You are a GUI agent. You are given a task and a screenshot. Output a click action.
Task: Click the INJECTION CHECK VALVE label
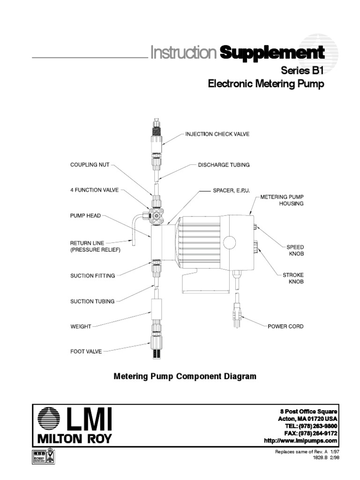coord(217,134)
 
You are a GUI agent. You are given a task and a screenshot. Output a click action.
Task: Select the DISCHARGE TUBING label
coord(224,165)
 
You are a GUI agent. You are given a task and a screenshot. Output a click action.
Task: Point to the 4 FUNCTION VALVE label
coord(94,190)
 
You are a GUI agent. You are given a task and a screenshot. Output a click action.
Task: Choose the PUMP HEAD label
coord(85,216)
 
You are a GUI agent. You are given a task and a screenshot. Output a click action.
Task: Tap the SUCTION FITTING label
coord(92,276)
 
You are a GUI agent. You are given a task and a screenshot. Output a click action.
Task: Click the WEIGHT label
coord(80,326)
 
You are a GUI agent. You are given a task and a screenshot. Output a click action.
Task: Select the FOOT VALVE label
coord(86,351)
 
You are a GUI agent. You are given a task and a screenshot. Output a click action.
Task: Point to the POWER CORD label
coord(285,326)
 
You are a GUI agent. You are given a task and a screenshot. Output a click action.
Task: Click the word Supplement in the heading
coord(272,52)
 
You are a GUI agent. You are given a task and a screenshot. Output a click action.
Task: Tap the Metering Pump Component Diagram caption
coord(185,376)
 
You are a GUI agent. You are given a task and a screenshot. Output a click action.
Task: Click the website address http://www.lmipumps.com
coord(301,441)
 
